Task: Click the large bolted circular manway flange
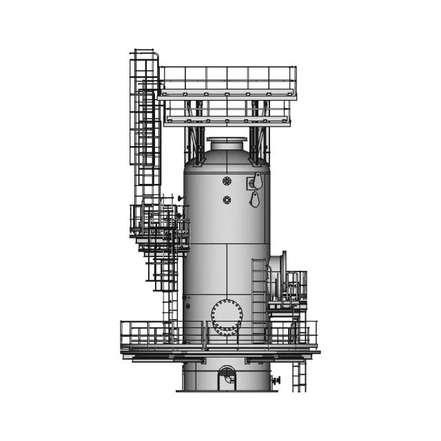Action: tap(227, 317)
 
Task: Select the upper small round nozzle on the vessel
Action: tap(227, 181)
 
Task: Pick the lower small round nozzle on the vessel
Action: tap(227, 200)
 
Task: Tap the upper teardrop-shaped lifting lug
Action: tap(257, 181)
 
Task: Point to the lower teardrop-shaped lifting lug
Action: tap(254, 200)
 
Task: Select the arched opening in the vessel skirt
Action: tap(227, 378)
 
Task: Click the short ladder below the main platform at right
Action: tap(298, 376)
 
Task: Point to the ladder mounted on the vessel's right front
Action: tap(258, 300)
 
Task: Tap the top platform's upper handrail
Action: tap(227, 69)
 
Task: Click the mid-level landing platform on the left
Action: tap(160, 227)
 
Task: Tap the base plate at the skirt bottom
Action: tap(227, 391)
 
